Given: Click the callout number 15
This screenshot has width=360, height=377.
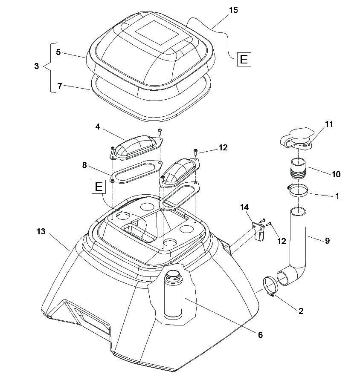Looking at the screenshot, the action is tap(233, 10).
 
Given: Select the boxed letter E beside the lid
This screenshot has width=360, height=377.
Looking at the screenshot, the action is tap(244, 59).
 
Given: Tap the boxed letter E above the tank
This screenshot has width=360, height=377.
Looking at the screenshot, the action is tap(99, 187).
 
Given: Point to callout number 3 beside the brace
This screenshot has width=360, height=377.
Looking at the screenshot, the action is tap(37, 66).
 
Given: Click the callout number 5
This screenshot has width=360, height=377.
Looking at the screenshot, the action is tap(58, 52).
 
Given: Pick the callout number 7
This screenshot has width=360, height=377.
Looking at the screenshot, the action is tap(60, 86).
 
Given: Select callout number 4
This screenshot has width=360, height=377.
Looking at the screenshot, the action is tap(98, 127).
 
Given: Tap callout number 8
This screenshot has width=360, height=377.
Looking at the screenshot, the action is tap(84, 165).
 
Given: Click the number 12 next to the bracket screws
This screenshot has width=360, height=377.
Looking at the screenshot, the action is tap(282, 241).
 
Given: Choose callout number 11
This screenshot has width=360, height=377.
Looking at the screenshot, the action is tap(329, 124).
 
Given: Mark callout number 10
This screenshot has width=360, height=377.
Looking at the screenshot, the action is tap(336, 174).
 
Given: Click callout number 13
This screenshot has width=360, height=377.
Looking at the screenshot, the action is tap(41, 231).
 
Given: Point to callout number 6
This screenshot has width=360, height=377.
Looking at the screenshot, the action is tap(260, 335).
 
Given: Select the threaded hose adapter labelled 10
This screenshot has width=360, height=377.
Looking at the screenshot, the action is tap(298, 168).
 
